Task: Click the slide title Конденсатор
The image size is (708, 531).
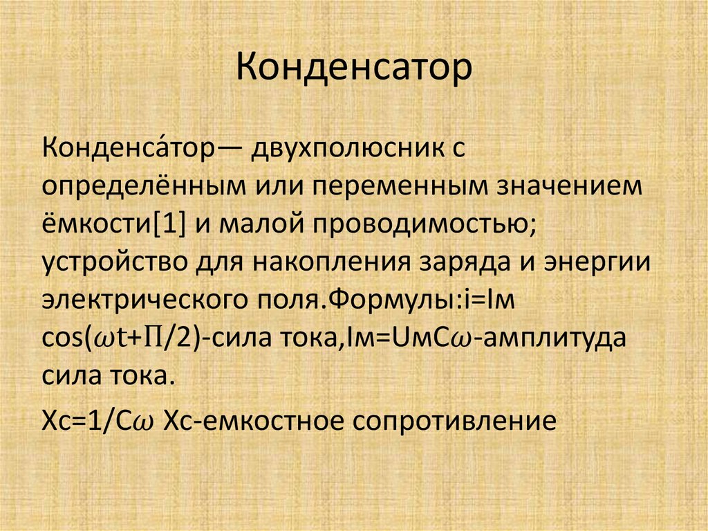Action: pos(353,69)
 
